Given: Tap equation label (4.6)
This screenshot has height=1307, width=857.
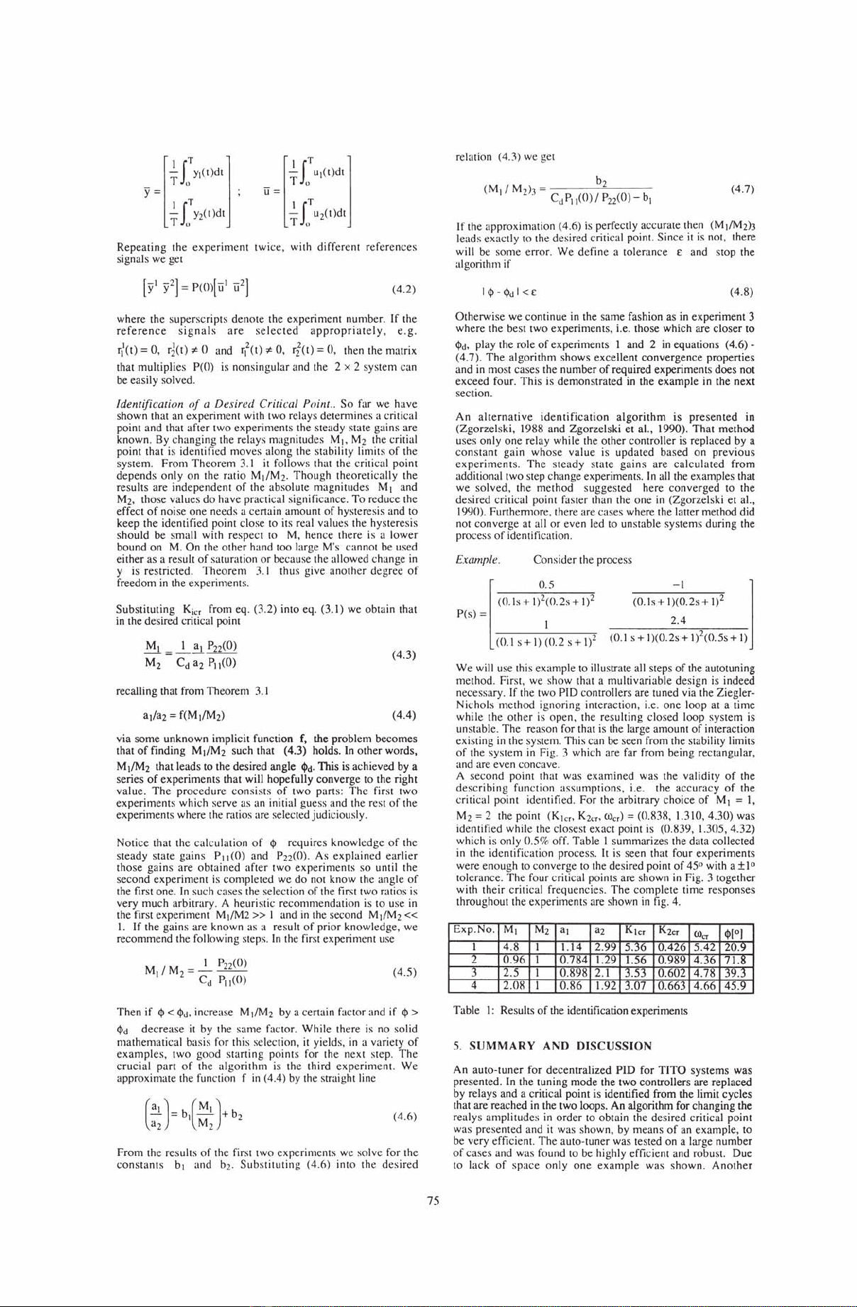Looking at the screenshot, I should click(402, 1116).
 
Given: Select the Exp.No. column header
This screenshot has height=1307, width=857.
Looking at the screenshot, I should click(474, 930).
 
